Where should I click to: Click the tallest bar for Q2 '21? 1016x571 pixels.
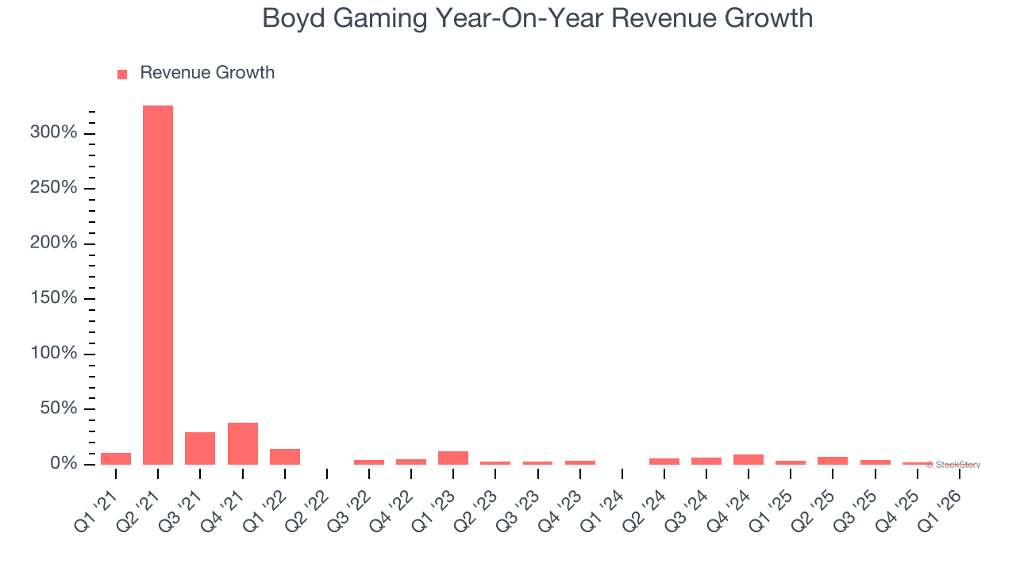(x=158, y=285)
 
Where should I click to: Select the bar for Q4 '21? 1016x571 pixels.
(x=242, y=443)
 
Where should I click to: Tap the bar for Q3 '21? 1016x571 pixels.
(x=200, y=448)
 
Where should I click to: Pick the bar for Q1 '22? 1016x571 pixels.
(x=284, y=457)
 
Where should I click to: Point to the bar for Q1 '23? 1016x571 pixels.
(x=453, y=458)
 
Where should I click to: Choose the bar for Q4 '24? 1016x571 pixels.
(x=748, y=459)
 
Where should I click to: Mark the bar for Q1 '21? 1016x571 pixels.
(x=116, y=458)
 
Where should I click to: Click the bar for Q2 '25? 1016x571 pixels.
(x=833, y=461)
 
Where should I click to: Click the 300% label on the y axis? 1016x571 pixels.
(x=54, y=132)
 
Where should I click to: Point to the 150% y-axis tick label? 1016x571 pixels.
(x=54, y=298)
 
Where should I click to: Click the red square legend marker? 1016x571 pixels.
(x=122, y=75)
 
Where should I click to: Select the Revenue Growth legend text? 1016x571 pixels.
(x=207, y=73)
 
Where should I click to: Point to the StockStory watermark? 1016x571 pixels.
(x=953, y=465)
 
